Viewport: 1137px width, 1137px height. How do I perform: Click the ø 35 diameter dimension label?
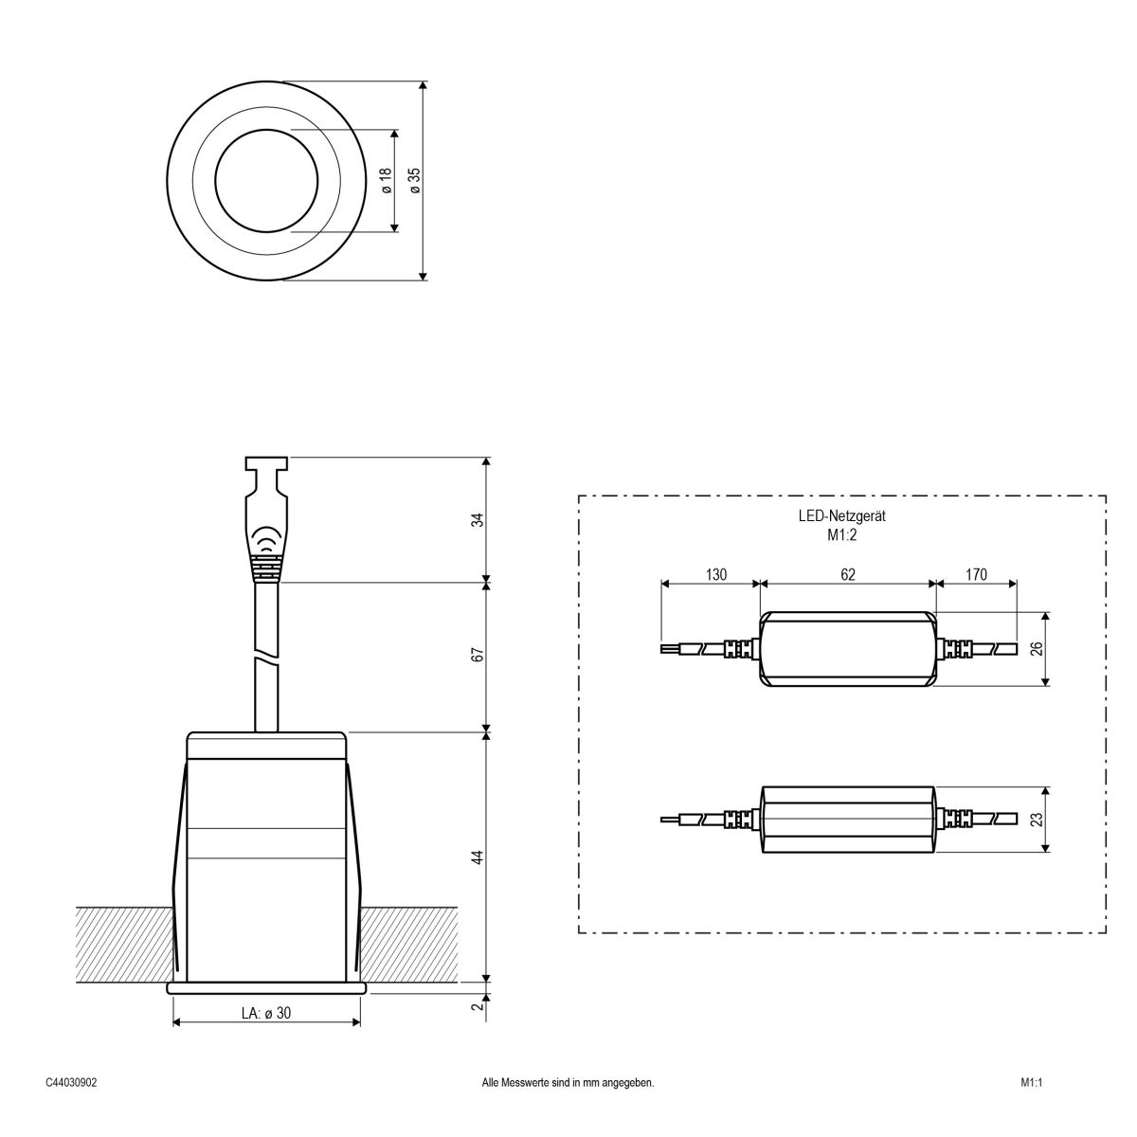click(x=414, y=181)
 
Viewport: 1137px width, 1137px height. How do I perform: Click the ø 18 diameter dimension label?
click(x=386, y=181)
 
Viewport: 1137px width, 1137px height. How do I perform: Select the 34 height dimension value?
click(x=478, y=520)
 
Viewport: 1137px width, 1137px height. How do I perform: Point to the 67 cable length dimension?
click(x=478, y=656)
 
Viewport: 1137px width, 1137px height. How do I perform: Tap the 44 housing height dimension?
click(x=478, y=857)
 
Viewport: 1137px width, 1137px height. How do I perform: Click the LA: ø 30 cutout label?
click(x=266, y=1013)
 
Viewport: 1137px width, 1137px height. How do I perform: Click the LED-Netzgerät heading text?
click(x=841, y=517)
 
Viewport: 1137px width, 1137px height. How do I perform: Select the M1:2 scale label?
click(x=841, y=534)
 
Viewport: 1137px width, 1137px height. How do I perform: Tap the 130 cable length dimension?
click(x=715, y=574)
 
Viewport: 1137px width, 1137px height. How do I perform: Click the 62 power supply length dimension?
click(x=848, y=574)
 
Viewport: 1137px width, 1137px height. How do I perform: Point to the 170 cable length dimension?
click(x=975, y=574)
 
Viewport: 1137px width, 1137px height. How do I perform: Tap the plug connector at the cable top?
click(x=266, y=516)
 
